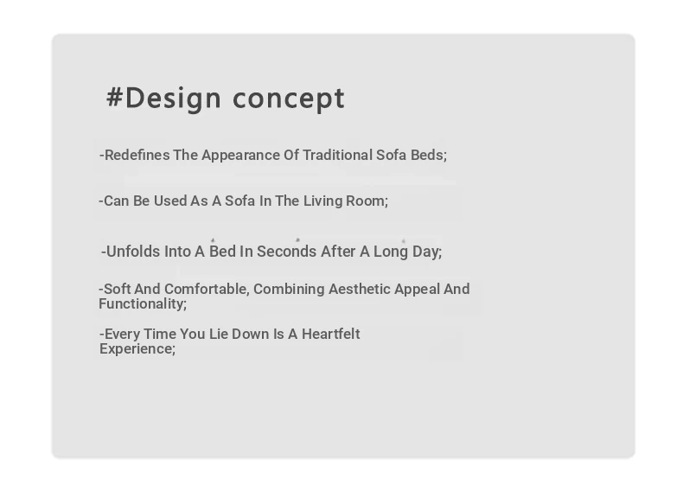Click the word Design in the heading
point(173,99)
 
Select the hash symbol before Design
point(114,97)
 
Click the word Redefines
point(137,155)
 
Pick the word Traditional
point(337,155)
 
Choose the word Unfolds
point(133,252)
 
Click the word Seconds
point(287,252)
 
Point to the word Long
point(391,252)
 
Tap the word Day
point(427,252)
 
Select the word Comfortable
point(207,290)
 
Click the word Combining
point(289,290)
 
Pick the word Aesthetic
point(360,290)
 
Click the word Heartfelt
point(331,334)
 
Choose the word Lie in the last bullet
point(219,334)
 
